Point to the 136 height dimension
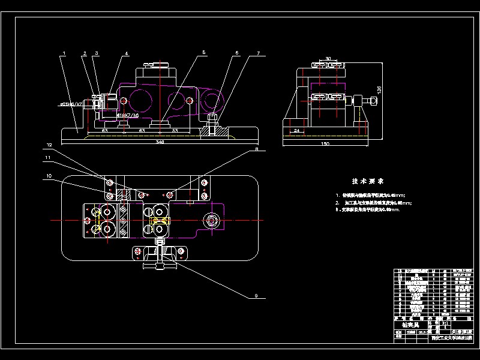pos(377,89)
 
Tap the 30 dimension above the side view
pos(328,58)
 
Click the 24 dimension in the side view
pos(296,130)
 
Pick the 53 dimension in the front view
pos(175,130)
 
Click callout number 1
pos(63,53)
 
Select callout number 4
pos(127,53)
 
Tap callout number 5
pos(204,53)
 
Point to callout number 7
pos(258,53)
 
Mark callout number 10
pos(49,176)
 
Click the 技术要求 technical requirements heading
pos(368,181)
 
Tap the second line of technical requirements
pos(376,203)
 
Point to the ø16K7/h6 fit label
pos(128,115)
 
